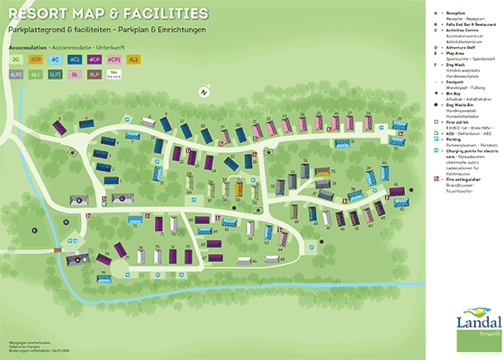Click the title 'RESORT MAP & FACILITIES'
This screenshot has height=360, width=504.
click(x=105, y=14)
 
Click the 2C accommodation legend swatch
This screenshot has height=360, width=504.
click(x=18, y=59)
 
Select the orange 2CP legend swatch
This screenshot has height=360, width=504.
click(x=37, y=59)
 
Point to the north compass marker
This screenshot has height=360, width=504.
click(x=204, y=91)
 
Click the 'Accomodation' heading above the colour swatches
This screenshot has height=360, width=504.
click(x=27, y=44)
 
